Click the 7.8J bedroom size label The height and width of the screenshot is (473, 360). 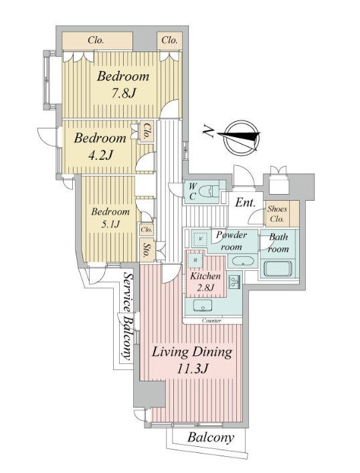123,85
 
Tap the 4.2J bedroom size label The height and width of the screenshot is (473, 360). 100,147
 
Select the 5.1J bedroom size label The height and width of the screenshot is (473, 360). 110,217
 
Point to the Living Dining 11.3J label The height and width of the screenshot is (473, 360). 192,359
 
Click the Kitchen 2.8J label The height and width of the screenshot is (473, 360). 205,282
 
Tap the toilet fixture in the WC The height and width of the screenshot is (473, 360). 210,191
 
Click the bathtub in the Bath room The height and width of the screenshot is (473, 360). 278,268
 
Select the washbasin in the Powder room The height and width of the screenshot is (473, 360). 242,261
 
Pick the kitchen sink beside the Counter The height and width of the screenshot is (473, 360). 202,305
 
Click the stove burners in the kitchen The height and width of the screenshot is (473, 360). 234,282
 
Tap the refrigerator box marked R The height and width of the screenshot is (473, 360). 195,260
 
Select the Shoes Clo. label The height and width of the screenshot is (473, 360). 277,214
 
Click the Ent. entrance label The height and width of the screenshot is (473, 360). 245,203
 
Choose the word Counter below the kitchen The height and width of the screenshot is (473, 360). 211,320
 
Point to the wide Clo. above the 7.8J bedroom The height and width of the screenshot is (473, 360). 96,40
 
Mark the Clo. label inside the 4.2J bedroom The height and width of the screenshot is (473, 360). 147,132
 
